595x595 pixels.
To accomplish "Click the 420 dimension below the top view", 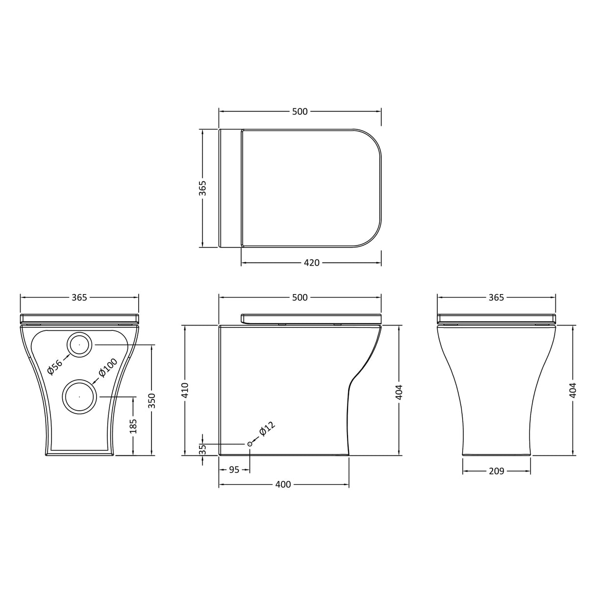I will [312, 263].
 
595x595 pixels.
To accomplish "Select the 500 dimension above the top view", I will [300, 112].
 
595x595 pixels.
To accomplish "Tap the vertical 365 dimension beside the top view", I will [202, 188].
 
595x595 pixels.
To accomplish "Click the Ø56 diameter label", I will [55, 367].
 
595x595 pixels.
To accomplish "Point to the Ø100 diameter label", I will [108, 368].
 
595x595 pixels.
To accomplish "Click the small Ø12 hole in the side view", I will [250, 444].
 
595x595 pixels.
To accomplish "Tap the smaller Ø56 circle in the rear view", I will [79, 345].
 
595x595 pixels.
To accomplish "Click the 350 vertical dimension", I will [151, 400].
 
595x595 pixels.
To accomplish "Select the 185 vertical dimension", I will [133, 425].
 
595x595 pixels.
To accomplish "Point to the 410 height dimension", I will [185, 390].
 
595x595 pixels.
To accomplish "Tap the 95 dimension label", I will [234, 470].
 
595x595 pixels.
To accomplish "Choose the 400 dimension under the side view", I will [283, 485].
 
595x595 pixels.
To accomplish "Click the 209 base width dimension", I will [496, 471].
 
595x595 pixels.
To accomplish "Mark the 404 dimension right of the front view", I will [574, 390].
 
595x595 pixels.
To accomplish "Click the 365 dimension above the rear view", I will [79, 297].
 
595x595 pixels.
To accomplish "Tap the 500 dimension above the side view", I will [300, 297].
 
